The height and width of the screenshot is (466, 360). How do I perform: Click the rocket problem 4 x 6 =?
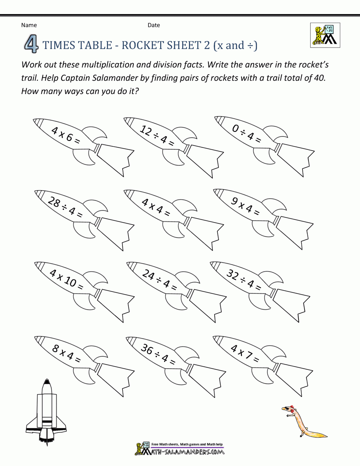pyautogui.click(x=66, y=135)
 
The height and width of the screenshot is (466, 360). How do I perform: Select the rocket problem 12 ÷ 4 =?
pyautogui.click(x=157, y=136)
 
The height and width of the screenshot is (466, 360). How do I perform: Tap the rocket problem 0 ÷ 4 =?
pyautogui.click(x=247, y=134)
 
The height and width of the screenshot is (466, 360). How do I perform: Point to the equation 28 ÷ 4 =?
pyautogui.click(x=65, y=207)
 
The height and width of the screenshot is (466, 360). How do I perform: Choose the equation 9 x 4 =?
pyautogui.click(x=246, y=206)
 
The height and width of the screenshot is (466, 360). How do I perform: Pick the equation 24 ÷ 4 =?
pyautogui.click(x=159, y=280)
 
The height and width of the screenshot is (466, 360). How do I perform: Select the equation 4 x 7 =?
pyautogui.click(x=245, y=353)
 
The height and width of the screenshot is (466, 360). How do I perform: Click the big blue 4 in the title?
pyautogui.click(x=31, y=45)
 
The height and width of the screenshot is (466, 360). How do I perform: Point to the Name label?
pyautogui.click(x=29, y=25)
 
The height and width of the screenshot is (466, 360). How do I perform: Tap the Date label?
pyautogui.click(x=154, y=25)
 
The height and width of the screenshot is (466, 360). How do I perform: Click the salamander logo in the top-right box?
pyautogui.click(x=325, y=35)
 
